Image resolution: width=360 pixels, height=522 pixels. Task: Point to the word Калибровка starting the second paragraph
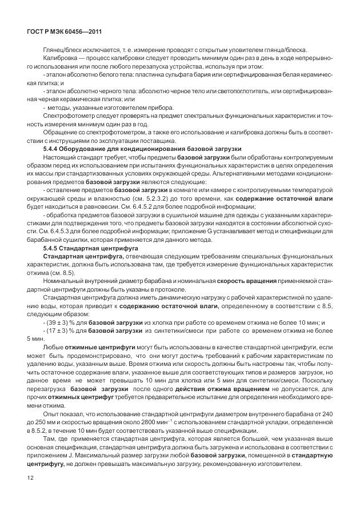[58, 59]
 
